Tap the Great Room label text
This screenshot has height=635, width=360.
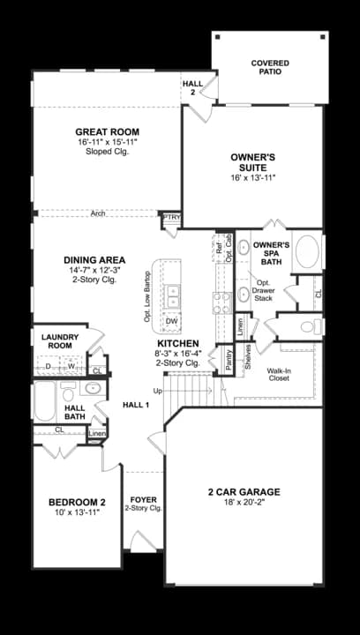(x=107, y=132)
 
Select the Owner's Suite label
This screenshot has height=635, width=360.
(x=253, y=157)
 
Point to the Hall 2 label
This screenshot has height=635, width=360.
(x=192, y=87)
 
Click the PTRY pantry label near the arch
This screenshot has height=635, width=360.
(x=169, y=217)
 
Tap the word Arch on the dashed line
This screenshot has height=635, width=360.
(x=100, y=213)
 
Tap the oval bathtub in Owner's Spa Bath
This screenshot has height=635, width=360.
(x=310, y=252)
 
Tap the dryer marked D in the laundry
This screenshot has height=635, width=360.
(x=48, y=365)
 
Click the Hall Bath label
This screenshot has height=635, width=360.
(x=75, y=412)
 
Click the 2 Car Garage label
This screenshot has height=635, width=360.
(x=243, y=492)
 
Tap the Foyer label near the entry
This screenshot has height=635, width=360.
(x=143, y=500)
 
